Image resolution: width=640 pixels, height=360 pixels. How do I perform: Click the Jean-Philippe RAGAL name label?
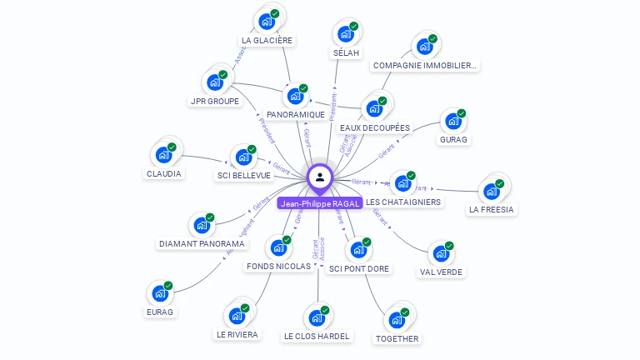320,203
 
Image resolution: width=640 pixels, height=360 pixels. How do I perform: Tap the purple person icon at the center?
320,177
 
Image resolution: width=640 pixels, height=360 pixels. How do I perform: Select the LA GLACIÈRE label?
267,40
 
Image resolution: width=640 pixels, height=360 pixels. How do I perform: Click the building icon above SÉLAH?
344,34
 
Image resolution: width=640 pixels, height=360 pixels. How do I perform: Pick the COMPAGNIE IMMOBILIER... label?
425,65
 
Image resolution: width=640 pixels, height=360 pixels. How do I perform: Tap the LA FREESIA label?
491,209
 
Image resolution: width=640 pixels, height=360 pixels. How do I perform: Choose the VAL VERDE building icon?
440,252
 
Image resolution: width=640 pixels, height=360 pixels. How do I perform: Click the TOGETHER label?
397,338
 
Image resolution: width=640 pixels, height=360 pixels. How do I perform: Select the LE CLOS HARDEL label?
317,336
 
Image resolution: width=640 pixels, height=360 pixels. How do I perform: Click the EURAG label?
159,312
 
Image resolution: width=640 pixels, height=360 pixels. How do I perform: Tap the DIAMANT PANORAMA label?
201,244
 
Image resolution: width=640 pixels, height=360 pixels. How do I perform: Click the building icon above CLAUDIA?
162,155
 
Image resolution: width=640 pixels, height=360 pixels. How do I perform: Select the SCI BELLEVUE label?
243,175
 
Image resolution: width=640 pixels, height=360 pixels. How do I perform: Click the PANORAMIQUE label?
295,114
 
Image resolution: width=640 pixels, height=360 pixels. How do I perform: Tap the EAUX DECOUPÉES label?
375,127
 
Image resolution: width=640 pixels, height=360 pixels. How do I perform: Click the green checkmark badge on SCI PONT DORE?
367,242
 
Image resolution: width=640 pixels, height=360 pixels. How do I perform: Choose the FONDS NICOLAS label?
278,266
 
